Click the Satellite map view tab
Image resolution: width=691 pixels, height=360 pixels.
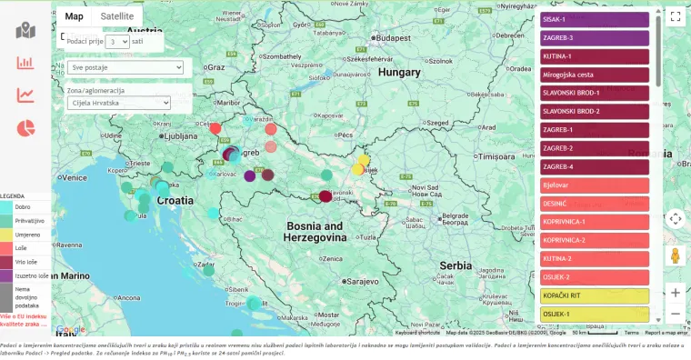117,16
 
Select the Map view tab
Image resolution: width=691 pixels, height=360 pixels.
75,16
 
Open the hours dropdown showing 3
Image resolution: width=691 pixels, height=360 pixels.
116,42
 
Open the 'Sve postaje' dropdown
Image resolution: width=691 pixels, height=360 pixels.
125,67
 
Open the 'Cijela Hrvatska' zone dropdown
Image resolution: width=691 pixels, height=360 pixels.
119,103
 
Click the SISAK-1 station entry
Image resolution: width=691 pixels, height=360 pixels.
594,19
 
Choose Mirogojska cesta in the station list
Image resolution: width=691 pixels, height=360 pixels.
594,75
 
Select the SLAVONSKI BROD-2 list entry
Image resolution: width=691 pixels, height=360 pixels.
594,111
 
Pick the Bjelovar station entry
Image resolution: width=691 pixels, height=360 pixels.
594,185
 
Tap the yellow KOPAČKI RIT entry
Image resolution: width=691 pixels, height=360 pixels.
594,296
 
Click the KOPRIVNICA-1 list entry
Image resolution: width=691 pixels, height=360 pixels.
594,222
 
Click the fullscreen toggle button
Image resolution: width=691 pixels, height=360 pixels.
675,16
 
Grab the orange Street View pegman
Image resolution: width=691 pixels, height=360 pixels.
675,255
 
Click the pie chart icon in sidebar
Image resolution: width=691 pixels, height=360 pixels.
25,128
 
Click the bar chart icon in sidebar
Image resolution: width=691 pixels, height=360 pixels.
25,64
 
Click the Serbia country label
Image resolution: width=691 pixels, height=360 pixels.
456,265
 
